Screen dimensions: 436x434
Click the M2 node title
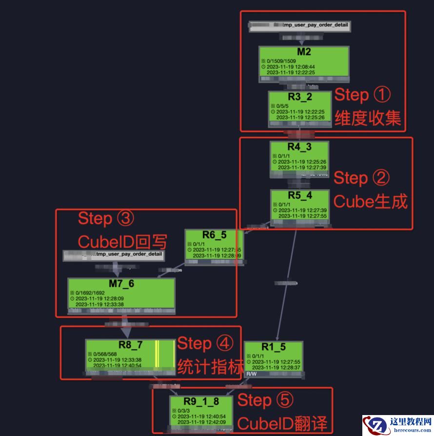click(x=303, y=52)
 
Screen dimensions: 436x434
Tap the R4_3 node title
click(x=299, y=147)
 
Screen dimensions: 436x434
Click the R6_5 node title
click(x=214, y=235)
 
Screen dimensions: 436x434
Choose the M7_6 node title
click(x=120, y=284)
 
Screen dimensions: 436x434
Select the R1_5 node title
click(x=273, y=347)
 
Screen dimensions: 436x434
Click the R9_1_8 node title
click(x=201, y=401)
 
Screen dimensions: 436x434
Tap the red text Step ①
click(x=362, y=95)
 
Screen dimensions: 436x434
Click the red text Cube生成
click(x=370, y=201)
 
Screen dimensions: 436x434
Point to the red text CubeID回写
click(x=122, y=242)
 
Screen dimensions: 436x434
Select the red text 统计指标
click(x=210, y=366)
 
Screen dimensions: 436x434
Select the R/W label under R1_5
click(x=251, y=374)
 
